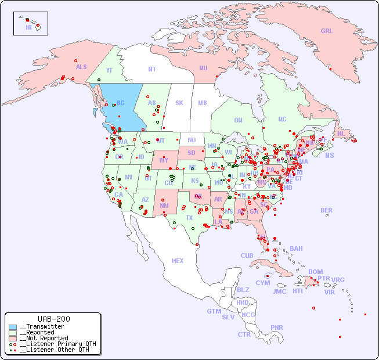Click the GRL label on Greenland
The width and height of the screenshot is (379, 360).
click(327, 31)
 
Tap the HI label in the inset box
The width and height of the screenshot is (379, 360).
click(28, 27)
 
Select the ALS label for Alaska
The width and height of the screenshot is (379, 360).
click(81, 67)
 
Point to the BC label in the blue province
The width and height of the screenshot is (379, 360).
click(121, 103)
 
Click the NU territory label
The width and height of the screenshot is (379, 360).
click(203, 69)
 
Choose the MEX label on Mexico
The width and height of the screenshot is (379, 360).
click(178, 261)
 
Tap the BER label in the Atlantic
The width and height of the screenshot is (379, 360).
click(327, 210)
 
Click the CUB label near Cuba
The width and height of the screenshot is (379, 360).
click(247, 255)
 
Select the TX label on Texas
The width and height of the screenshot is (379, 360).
click(189, 218)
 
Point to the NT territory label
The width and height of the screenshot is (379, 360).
click(151, 69)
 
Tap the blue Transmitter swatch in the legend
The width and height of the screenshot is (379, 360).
click(13, 327)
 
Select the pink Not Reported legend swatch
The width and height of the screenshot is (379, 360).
click(13, 338)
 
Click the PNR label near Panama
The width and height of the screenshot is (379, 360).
click(277, 327)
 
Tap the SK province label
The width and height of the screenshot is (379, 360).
click(179, 103)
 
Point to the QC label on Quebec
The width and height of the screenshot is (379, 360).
click(282, 120)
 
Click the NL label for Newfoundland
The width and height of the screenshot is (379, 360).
click(341, 134)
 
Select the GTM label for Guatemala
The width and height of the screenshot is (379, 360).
click(214, 311)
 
